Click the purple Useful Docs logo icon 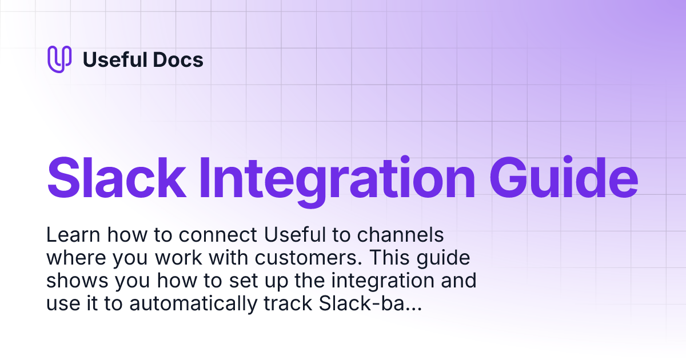59,59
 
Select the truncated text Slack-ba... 368,305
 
